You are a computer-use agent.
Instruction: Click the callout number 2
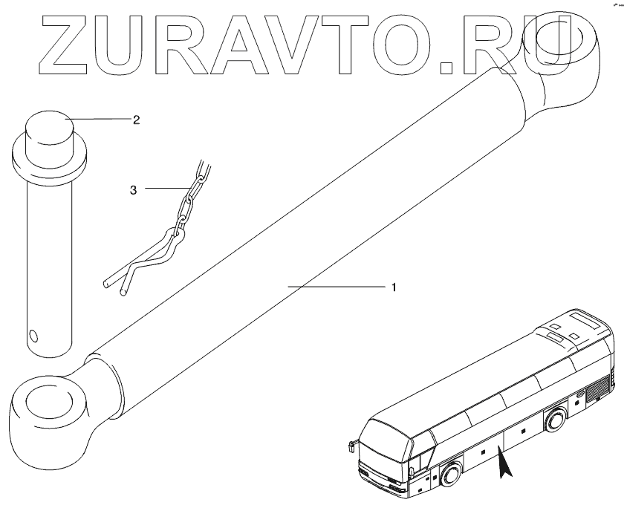tap(136, 119)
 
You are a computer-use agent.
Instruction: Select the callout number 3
tap(133, 190)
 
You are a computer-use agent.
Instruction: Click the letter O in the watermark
tap(397, 46)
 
